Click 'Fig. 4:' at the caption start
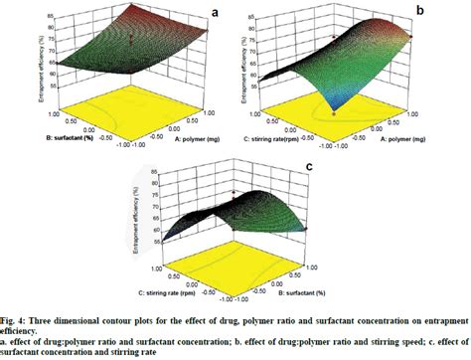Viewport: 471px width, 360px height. pyautogui.click(x=13, y=316)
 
